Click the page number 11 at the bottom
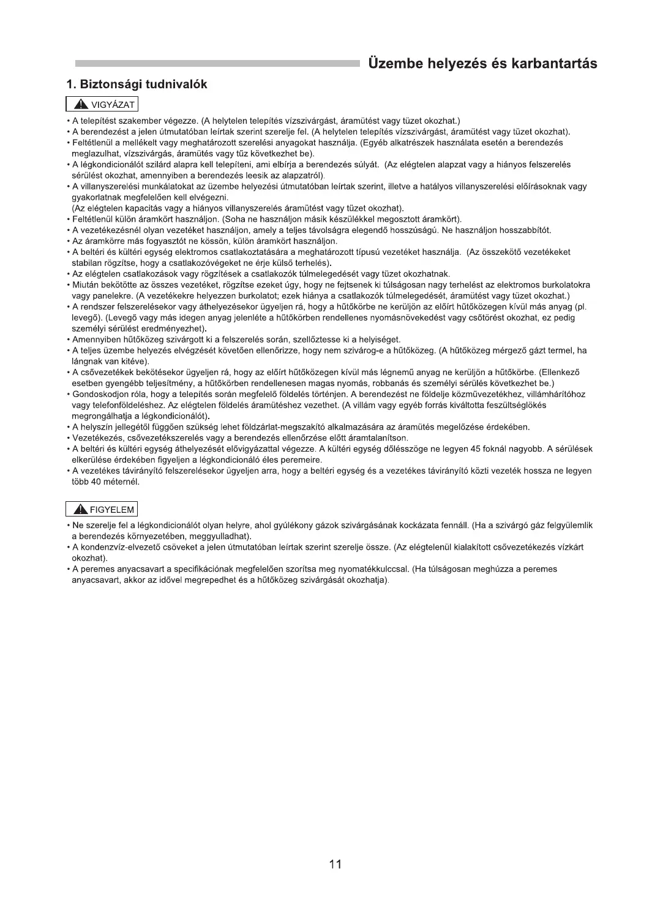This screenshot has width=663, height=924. [335, 864]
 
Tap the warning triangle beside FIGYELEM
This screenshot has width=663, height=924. [80, 509]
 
